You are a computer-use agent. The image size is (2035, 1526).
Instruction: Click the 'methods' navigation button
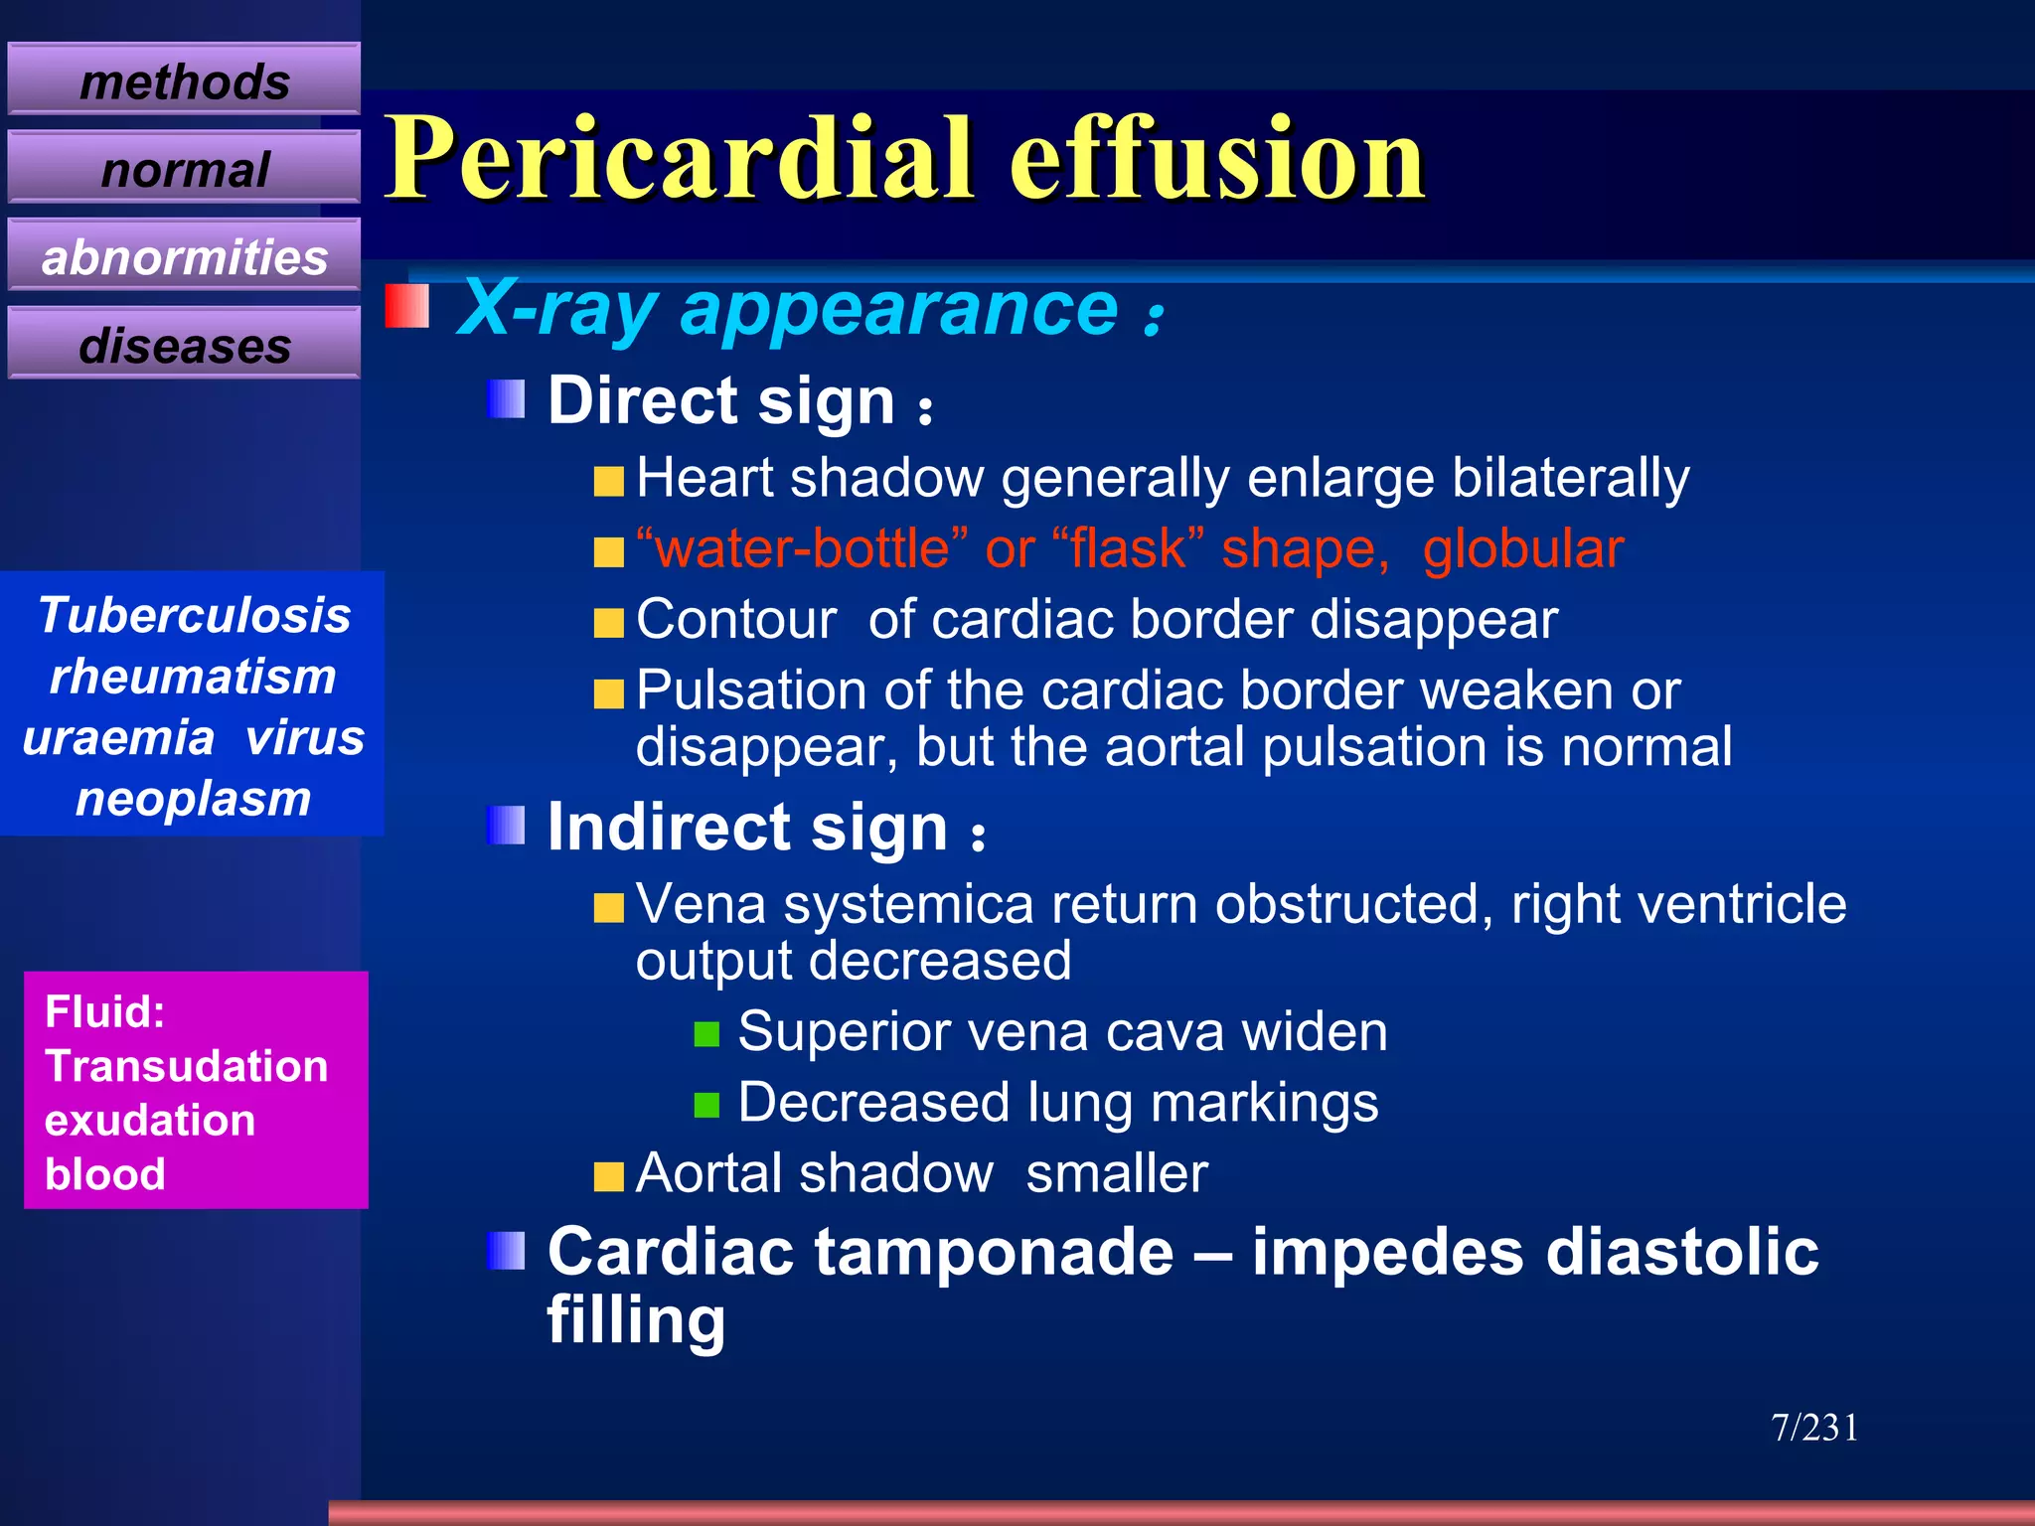184,80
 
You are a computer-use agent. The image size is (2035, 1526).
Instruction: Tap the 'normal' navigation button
184,169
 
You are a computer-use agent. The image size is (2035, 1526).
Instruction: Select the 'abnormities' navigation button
184,257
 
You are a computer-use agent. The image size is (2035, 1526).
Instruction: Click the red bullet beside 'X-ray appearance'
407,306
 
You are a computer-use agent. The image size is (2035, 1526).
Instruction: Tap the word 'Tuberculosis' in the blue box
195,615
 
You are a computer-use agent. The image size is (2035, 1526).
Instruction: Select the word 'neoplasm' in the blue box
194,798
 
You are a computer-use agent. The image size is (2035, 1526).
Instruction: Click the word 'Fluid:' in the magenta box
105,1011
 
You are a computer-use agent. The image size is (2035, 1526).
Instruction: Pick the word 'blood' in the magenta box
105,1173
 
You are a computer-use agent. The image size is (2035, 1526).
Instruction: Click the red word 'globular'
1522,548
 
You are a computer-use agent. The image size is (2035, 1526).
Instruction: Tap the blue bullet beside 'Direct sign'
506,399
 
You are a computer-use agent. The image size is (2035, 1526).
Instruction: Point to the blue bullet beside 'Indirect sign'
506,825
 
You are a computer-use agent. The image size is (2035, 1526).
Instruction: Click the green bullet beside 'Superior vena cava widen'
706,1034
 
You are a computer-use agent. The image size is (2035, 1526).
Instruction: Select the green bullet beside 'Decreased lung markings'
706,1105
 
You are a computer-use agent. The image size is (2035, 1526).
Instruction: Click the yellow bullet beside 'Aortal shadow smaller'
608,1176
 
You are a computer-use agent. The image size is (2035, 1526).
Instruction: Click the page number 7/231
1814,1428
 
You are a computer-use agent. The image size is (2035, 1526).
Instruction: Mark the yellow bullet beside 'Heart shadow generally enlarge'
608,482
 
